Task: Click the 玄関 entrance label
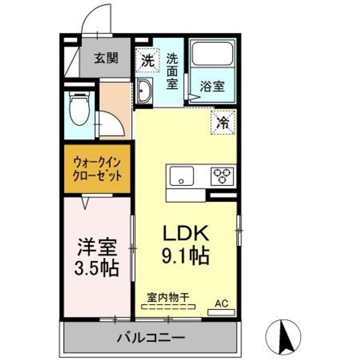click(x=106, y=58)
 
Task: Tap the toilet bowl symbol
click(x=79, y=109)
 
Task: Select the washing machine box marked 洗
click(x=147, y=60)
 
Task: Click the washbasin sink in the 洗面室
click(x=144, y=91)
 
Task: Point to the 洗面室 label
click(x=172, y=71)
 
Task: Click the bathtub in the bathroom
click(x=212, y=53)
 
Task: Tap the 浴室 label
click(x=212, y=86)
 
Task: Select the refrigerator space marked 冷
click(x=223, y=122)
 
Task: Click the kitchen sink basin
click(x=181, y=176)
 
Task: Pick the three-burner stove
click(x=222, y=176)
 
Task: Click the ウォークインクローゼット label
click(x=97, y=169)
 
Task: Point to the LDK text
click(x=185, y=233)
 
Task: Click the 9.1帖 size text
click(x=185, y=256)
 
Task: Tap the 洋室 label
click(x=97, y=247)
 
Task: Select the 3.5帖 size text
click(x=97, y=267)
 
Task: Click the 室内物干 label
click(x=168, y=298)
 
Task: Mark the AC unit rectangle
click(x=221, y=312)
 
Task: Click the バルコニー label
click(x=151, y=337)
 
